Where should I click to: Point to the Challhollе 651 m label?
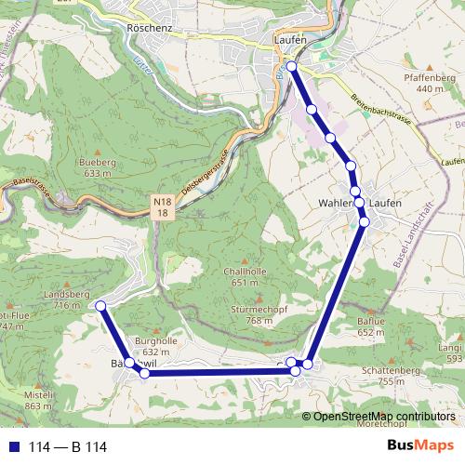(x=245, y=276)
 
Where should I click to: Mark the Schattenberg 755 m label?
(x=379, y=375)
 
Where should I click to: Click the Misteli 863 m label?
(x=38, y=399)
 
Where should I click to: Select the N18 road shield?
(x=162, y=206)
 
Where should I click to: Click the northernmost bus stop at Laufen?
(x=292, y=66)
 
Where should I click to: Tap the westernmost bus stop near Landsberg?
(x=100, y=306)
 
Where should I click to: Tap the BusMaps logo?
(x=421, y=446)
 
